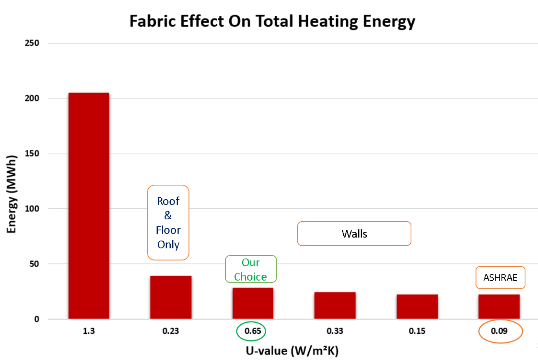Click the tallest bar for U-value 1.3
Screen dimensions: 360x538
pyautogui.click(x=88, y=205)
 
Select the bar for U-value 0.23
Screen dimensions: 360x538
pyautogui.click(x=171, y=297)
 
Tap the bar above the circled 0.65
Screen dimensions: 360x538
pyautogui.click(x=252, y=303)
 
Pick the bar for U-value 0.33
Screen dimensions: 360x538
pyautogui.click(x=335, y=305)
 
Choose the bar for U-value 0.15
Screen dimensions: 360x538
pyautogui.click(x=417, y=307)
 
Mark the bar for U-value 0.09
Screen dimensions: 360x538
pyautogui.click(x=499, y=307)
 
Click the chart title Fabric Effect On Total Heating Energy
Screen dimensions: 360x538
pyautogui.click(x=272, y=21)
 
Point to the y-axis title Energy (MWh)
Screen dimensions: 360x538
pyautogui.click(x=12, y=194)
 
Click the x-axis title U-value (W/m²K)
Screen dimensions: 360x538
pyautogui.click(x=292, y=350)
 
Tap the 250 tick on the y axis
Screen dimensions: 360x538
pyautogui.click(x=32, y=43)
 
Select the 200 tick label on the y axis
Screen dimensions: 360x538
pyautogui.click(x=32, y=98)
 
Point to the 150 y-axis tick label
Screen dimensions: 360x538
pyautogui.click(x=32, y=154)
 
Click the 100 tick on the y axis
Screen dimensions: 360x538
pyautogui.click(x=32, y=209)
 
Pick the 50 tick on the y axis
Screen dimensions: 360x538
pyautogui.click(x=34, y=264)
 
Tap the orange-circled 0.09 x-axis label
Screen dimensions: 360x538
pyautogui.click(x=499, y=331)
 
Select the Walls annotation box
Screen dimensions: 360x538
pyautogui.click(x=354, y=234)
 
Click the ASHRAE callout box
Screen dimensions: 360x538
pyautogui.click(x=500, y=277)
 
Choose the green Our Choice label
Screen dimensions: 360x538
pyautogui.click(x=251, y=269)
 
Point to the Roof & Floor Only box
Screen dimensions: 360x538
pyautogui.click(x=168, y=222)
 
